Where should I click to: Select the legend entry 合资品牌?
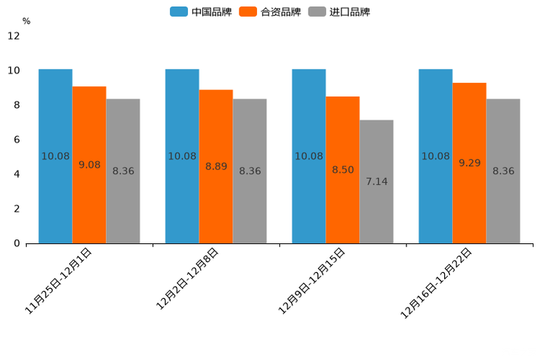point(270,12)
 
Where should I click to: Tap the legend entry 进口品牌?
point(339,12)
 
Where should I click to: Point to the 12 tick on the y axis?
point(14,36)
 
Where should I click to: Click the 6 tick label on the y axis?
point(17,139)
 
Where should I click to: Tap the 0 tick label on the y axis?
point(17,243)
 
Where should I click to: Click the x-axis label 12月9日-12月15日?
point(312,280)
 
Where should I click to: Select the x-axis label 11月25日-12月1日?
point(59,280)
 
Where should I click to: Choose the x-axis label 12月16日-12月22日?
point(437,282)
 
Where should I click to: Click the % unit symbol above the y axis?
point(26,21)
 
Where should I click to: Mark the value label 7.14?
point(377,181)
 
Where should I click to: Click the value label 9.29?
point(470,163)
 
